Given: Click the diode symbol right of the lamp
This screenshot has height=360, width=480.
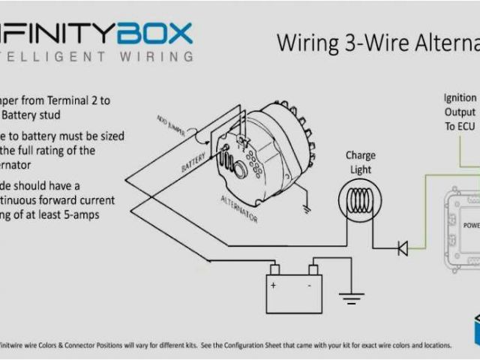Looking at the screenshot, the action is [403, 247].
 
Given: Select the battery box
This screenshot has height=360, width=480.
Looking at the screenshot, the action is [294, 292].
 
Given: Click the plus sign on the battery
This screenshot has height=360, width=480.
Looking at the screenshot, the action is [274, 285].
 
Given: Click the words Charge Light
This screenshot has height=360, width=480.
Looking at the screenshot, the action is [360, 163].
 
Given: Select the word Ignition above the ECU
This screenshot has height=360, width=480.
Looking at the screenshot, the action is [460, 97].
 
